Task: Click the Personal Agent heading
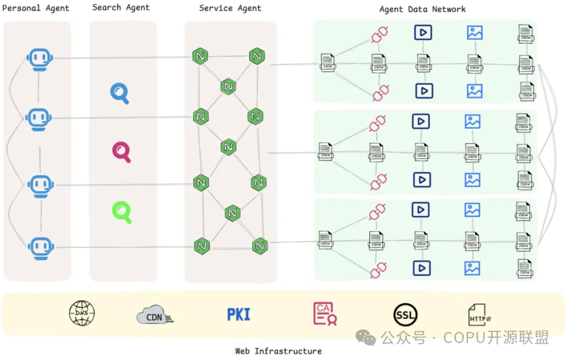36,8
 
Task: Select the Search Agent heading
121,8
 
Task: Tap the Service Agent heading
230,8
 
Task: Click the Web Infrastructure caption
278,351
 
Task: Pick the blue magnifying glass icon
120,93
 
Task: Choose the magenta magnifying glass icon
122,152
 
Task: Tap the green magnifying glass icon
122,211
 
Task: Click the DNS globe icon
82,314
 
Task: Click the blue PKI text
238,314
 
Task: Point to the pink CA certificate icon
324,314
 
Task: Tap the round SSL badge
406,314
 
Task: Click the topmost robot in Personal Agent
40,60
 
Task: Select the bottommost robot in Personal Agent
40,248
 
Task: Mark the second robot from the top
39,119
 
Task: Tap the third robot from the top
40,186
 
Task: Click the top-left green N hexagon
201,57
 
